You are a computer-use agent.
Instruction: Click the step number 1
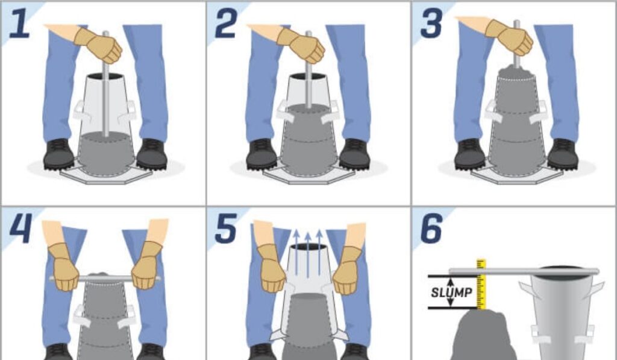(20, 24)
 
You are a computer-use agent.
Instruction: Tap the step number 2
(227, 24)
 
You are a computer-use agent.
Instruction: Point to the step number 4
(20, 229)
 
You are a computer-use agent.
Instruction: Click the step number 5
(227, 229)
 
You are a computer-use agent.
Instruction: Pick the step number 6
(431, 229)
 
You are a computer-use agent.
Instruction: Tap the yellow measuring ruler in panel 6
(481, 284)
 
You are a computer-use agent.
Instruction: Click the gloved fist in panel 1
(99, 45)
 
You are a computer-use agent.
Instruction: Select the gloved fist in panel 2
(302, 45)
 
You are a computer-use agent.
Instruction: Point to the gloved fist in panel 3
(510, 37)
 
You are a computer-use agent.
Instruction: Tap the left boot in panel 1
(58, 154)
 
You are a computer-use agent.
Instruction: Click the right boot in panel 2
(354, 154)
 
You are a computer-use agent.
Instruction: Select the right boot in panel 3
(563, 154)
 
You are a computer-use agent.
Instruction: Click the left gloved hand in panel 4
(63, 267)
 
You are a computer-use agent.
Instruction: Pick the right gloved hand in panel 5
(346, 270)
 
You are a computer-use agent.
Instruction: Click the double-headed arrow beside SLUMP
(451, 292)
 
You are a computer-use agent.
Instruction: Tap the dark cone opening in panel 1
(105, 76)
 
